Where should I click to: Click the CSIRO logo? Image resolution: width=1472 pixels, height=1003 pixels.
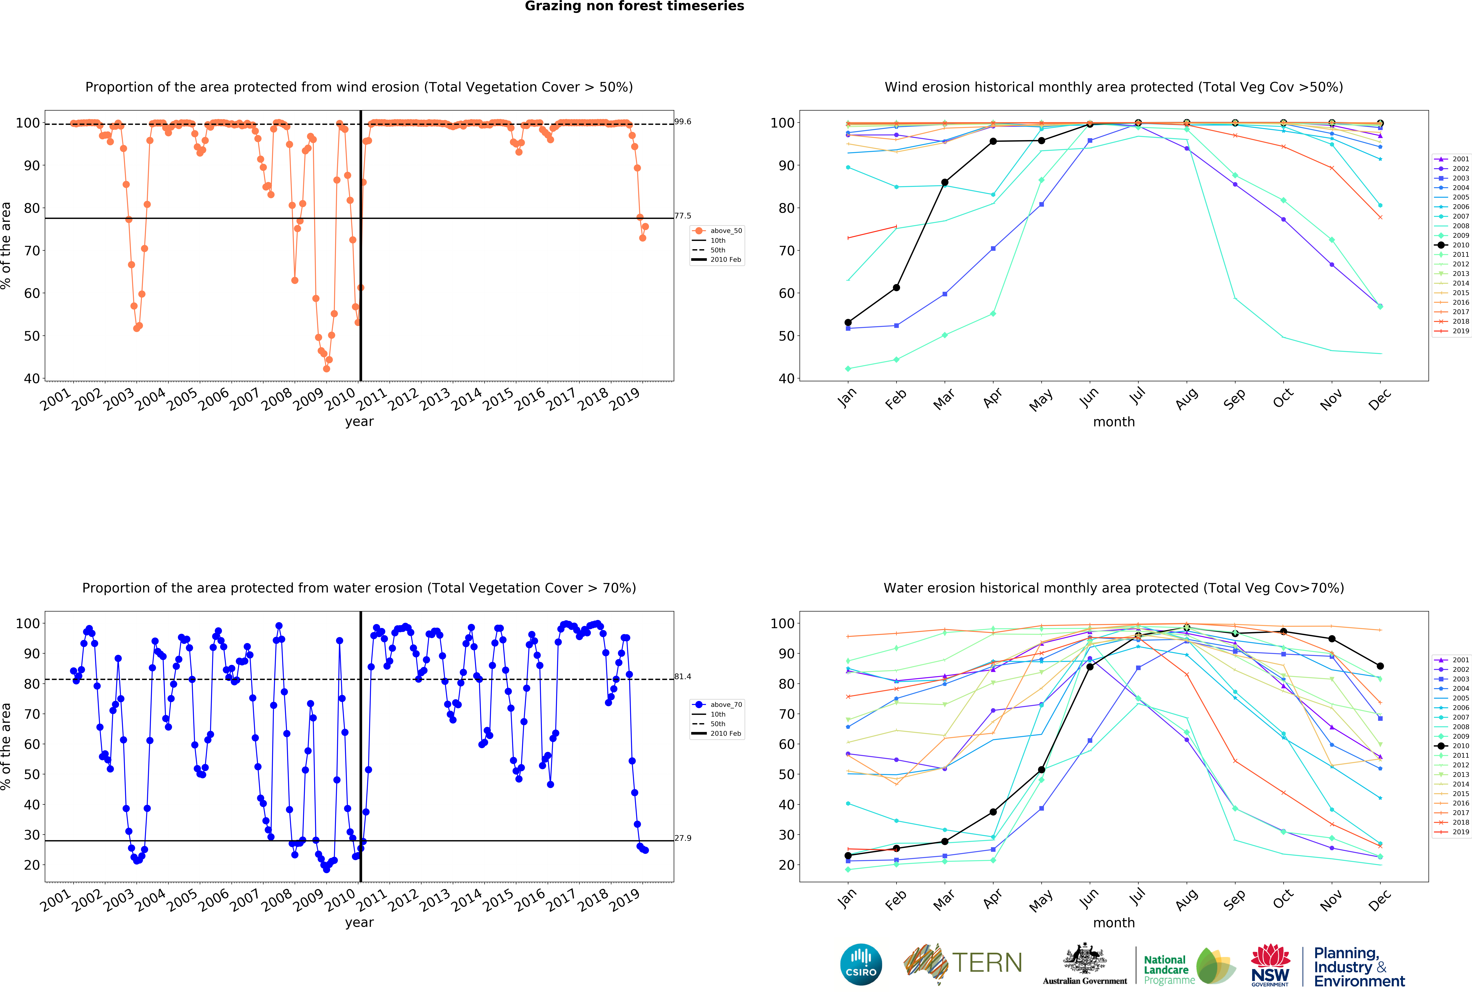point(861,964)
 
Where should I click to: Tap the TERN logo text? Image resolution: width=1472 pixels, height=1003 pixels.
point(987,963)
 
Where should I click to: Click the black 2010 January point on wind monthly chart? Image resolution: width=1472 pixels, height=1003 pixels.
point(848,322)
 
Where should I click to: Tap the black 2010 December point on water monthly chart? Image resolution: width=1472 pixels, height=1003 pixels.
point(1380,666)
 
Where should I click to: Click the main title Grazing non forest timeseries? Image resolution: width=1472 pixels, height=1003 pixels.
point(634,6)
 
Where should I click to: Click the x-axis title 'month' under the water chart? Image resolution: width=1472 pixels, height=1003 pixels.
point(1113,923)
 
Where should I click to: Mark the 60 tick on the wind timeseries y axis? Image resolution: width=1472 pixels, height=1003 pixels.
point(32,293)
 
